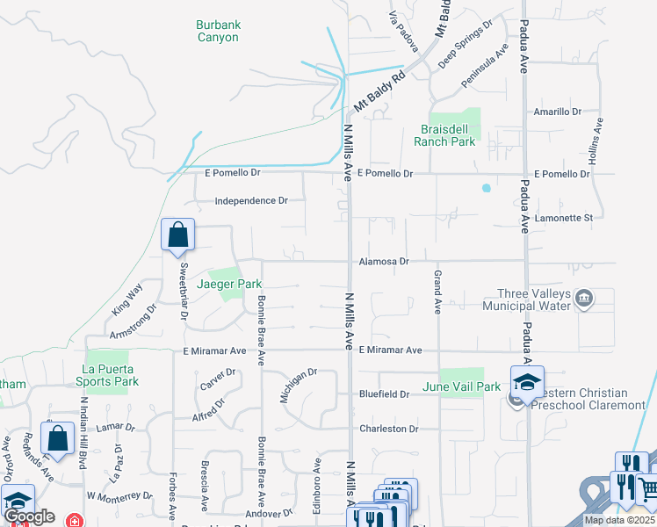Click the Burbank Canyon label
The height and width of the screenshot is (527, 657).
click(217, 32)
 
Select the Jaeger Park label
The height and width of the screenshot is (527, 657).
click(229, 285)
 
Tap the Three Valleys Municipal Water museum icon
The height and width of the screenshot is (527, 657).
click(583, 300)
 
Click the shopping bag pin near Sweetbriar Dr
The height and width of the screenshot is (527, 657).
click(177, 235)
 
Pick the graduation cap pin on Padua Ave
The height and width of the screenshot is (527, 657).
click(527, 383)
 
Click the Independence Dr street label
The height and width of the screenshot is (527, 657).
click(251, 200)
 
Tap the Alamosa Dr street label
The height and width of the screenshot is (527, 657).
click(384, 262)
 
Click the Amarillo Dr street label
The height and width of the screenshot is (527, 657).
click(558, 112)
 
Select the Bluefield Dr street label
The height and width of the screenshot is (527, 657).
click(384, 394)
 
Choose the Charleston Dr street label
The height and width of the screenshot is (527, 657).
click(388, 429)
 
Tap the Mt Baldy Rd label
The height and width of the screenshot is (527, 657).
click(379, 92)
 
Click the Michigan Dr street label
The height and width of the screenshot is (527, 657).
click(298, 386)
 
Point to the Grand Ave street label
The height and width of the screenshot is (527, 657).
click(437, 292)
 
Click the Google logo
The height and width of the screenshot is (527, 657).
click(29, 516)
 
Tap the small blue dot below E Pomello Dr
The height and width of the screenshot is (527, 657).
click(486, 188)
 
